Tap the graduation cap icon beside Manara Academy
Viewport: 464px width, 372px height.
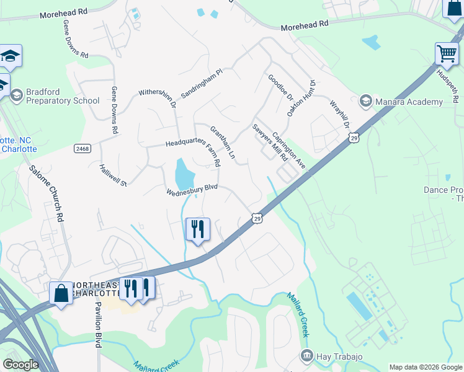point(365,101)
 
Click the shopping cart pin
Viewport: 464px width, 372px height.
point(446,54)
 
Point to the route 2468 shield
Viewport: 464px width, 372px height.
point(82,149)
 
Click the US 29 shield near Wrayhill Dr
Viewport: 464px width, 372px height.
point(353,138)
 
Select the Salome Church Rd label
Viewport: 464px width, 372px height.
point(47,193)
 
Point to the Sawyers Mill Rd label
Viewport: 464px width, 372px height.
point(269,143)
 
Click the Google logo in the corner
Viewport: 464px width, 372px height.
point(20,365)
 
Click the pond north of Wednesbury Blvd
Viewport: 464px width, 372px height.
point(184,174)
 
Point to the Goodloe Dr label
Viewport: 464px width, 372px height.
point(280,87)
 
